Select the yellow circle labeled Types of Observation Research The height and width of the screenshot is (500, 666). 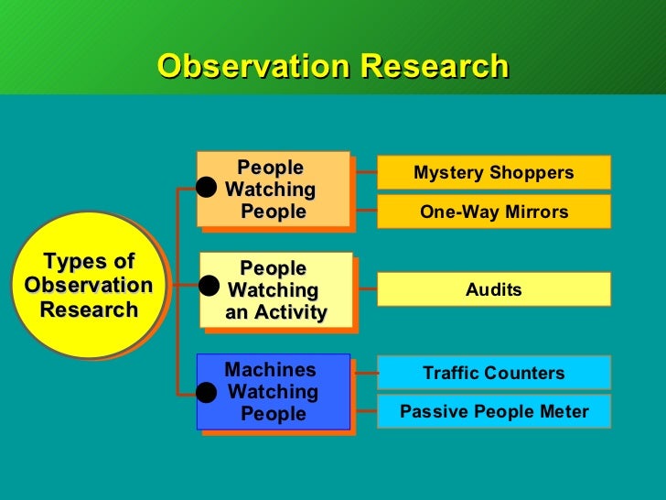[x=89, y=285]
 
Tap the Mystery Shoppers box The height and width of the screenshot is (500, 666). [x=493, y=173]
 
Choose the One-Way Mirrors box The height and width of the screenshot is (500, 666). [x=493, y=212]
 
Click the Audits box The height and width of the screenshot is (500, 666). [x=493, y=290]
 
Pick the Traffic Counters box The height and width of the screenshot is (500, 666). [x=493, y=374]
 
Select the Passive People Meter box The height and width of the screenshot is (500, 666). [x=493, y=412]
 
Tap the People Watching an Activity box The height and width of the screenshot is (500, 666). [x=275, y=290]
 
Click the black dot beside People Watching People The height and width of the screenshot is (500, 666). [x=207, y=188]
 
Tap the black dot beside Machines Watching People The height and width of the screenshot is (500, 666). [x=207, y=393]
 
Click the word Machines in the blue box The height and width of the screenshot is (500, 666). [x=270, y=371]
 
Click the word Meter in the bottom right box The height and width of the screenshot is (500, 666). [x=564, y=412]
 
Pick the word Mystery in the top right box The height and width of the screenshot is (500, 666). [x=446, y=173]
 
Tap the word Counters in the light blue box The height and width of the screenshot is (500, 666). [x=524, y=374]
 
